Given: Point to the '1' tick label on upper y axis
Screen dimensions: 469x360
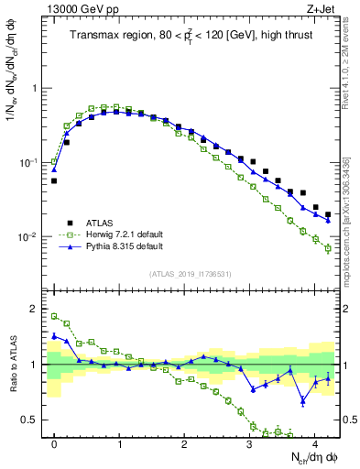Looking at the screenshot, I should (36, 89).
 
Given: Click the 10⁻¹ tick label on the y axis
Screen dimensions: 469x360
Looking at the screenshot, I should (31, 162).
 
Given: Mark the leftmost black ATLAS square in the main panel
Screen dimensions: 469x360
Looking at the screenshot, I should (54, 180).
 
